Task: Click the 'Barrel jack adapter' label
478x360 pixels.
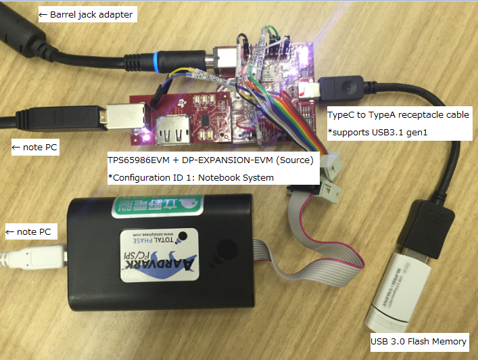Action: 87,14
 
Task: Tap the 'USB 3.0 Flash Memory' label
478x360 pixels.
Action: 419,342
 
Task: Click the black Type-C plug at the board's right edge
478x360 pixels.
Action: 337,88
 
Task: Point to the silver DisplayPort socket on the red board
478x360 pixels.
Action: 168,128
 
